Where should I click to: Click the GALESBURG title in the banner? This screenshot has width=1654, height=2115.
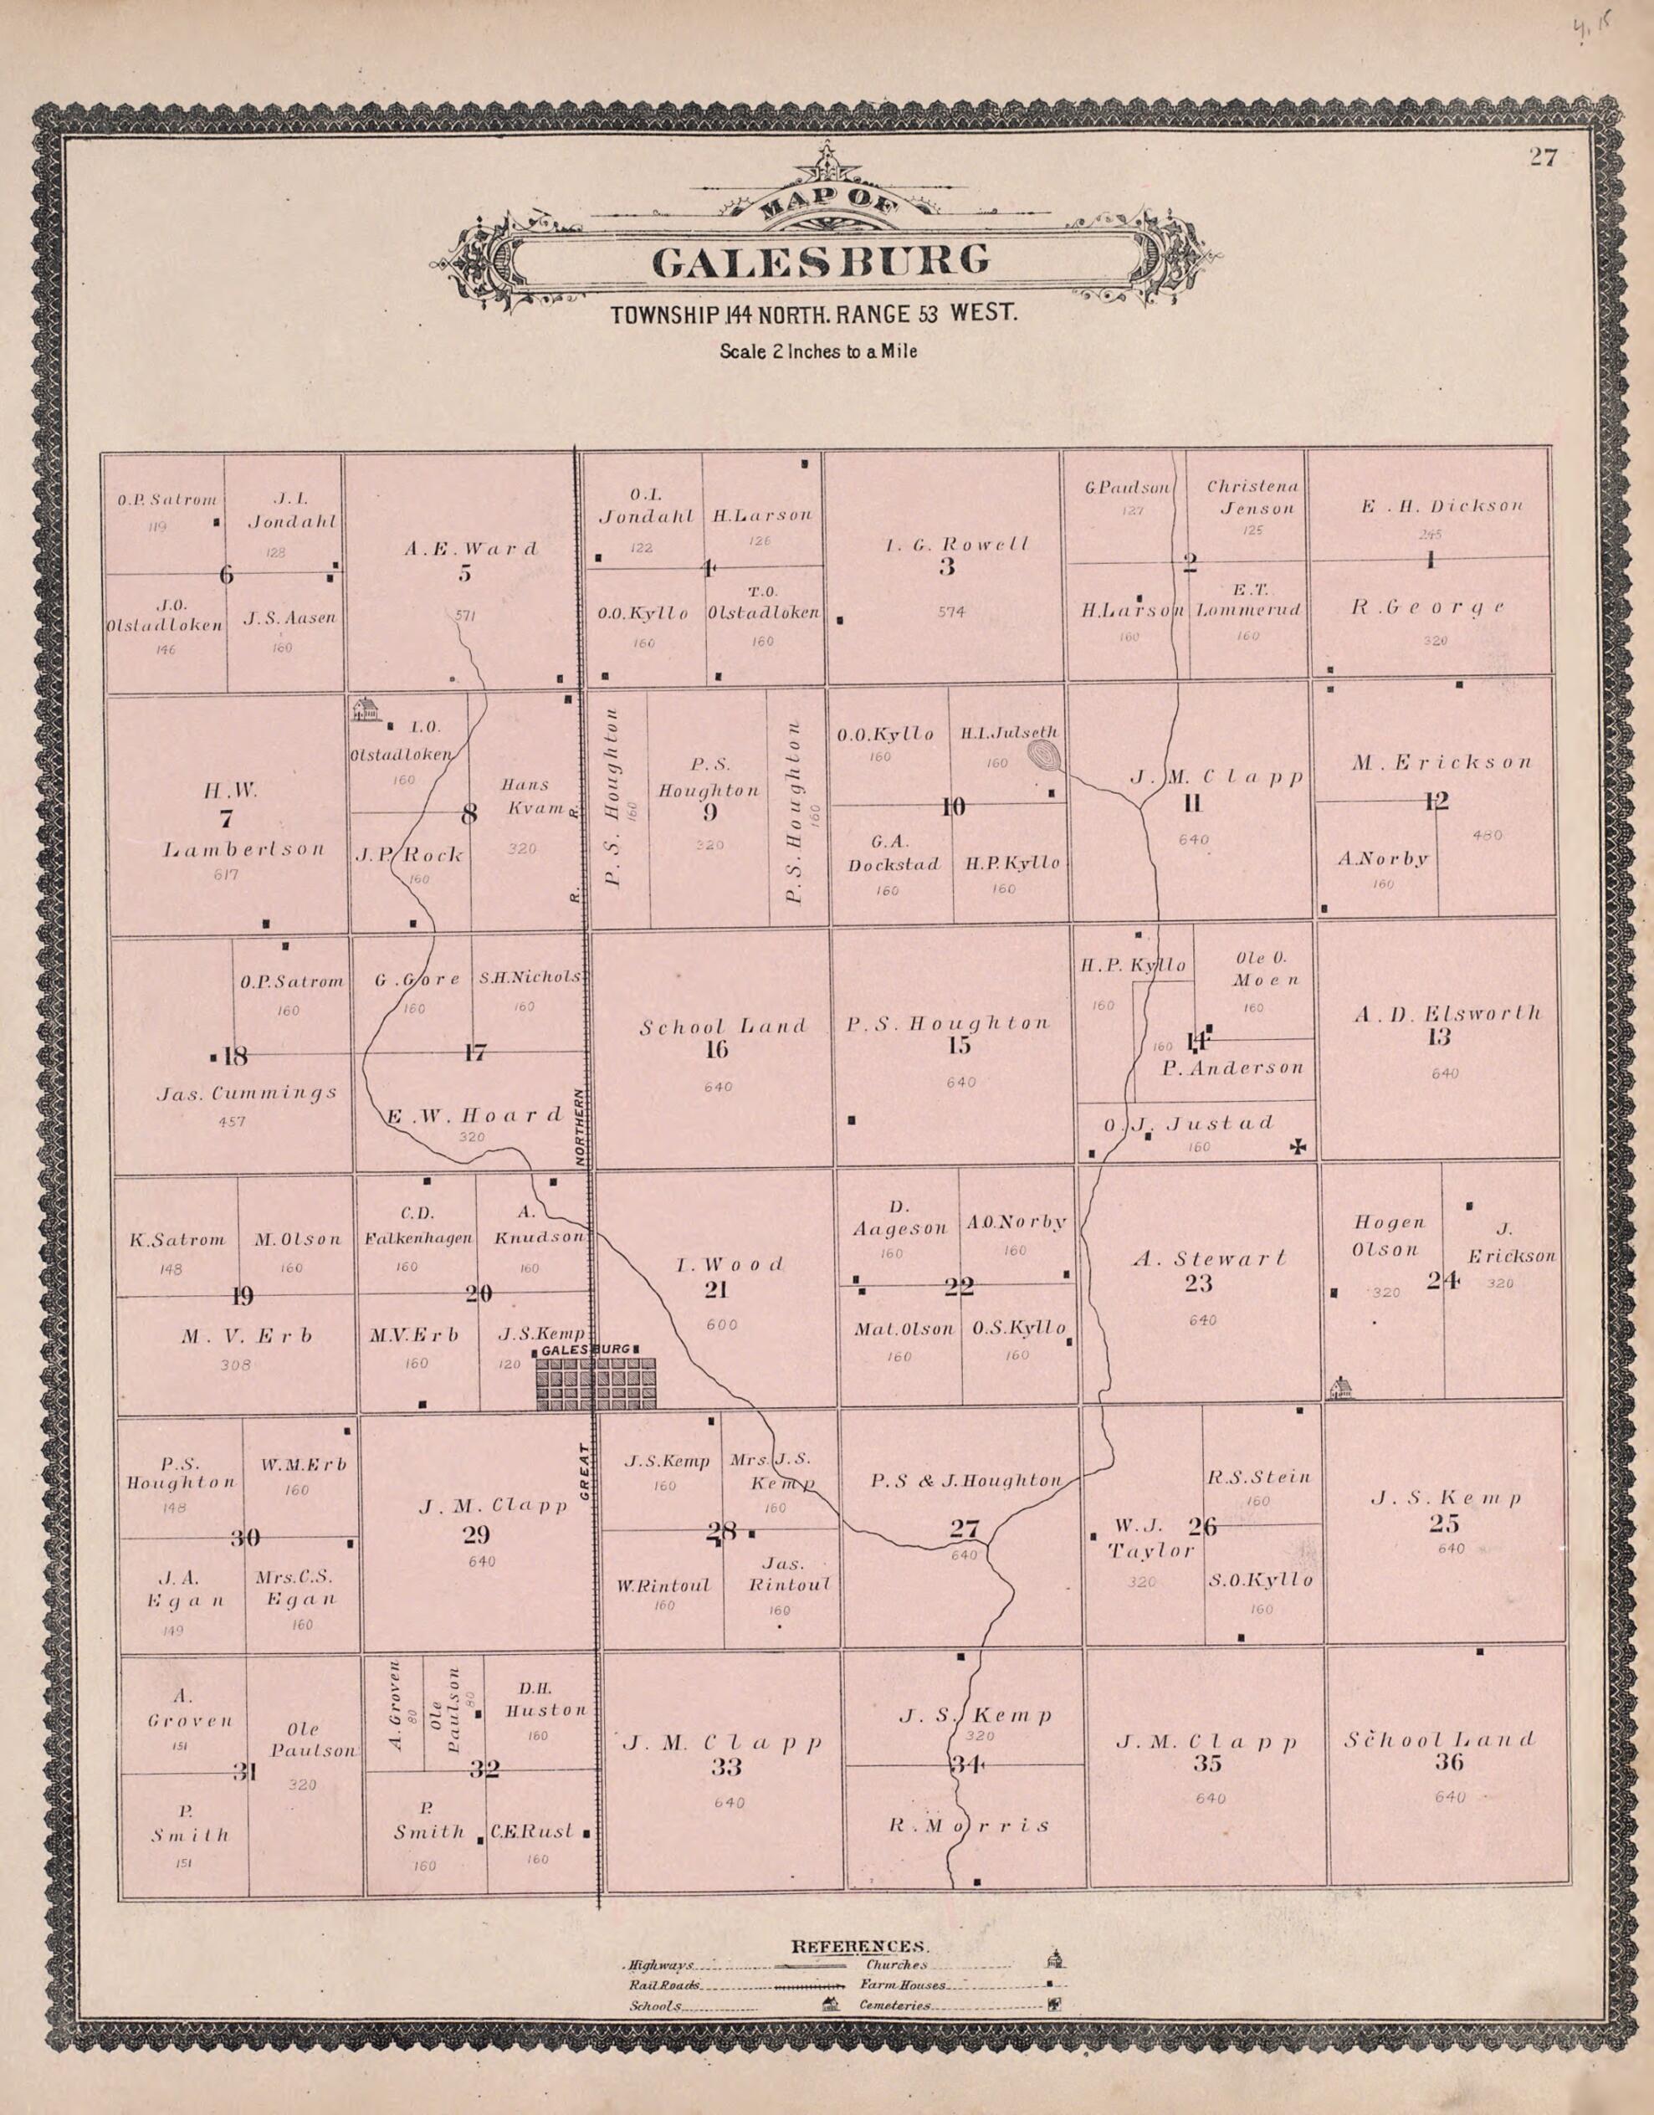(822, 262)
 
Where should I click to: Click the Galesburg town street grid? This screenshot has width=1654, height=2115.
(597, 1383)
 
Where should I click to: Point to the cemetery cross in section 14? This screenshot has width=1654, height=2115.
(1298, 1146)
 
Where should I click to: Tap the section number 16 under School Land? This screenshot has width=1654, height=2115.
(717, 1050)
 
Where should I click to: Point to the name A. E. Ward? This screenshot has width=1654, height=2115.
(471, 549)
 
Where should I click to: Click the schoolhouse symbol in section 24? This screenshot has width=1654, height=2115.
(1341, 1388)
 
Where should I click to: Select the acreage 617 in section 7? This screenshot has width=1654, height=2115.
(228, 874)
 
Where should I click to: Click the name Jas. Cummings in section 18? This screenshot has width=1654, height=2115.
(247, 1093)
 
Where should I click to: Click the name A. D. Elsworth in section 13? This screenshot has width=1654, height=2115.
(1447, 1014)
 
